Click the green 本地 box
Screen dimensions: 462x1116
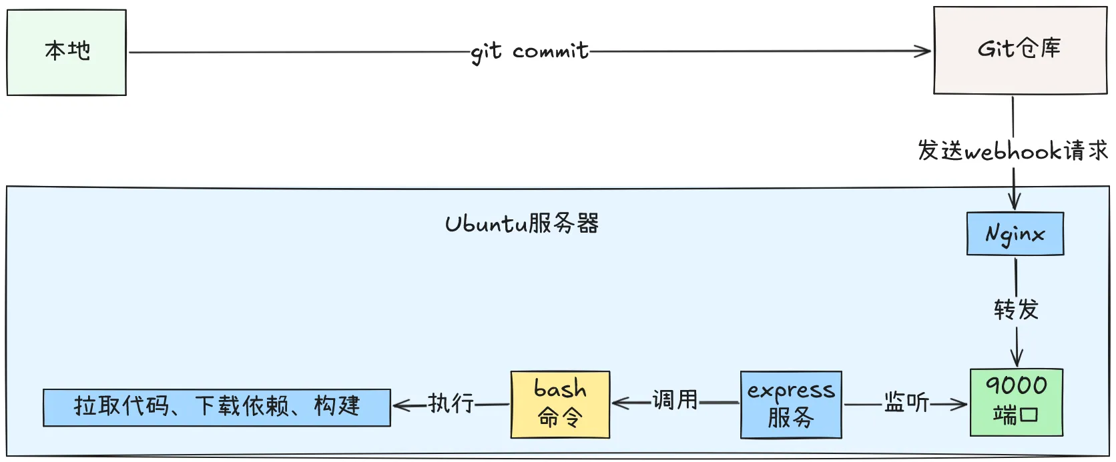67,52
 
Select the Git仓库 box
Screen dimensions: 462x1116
1019,50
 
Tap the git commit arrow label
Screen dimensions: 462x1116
530,51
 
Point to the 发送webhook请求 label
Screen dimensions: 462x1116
1013,151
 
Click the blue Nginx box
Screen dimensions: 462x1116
1015,234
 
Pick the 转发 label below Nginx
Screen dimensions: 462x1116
1016,309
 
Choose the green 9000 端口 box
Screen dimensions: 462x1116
1016,402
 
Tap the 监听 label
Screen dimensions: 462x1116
906,402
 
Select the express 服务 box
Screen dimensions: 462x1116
791,405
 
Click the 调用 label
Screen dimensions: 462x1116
675,400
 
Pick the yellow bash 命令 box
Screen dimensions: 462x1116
560,404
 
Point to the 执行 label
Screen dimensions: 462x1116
451,403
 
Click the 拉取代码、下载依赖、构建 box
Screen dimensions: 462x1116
217,407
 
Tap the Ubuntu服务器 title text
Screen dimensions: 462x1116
522,223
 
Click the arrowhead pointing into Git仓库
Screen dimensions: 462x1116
925,51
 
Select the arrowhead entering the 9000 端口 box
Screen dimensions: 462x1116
961,403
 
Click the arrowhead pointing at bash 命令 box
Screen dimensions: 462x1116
618,403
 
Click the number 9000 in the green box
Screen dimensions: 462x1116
1017,385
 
